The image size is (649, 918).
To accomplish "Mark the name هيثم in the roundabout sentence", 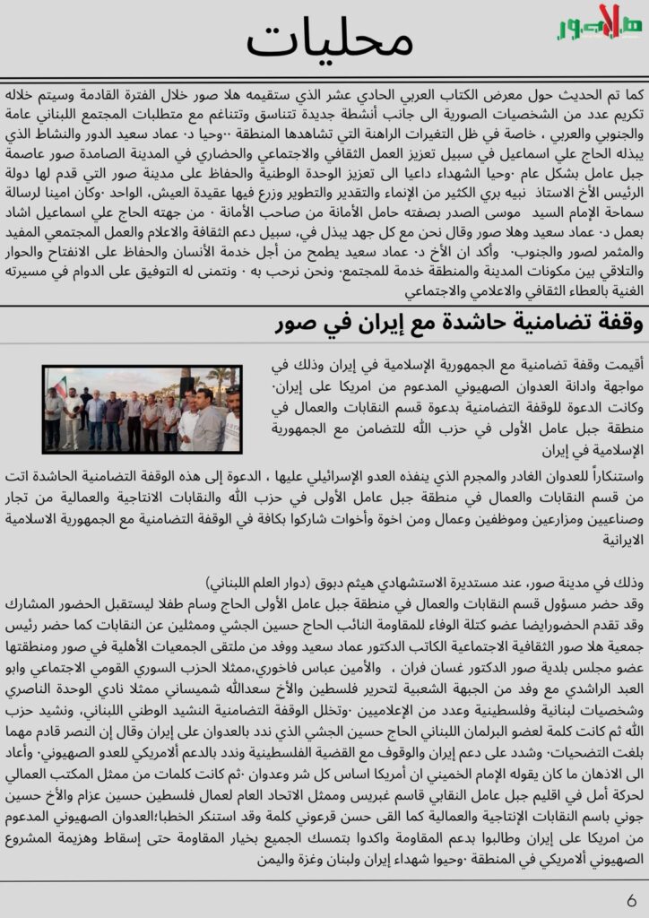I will (374, 579).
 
